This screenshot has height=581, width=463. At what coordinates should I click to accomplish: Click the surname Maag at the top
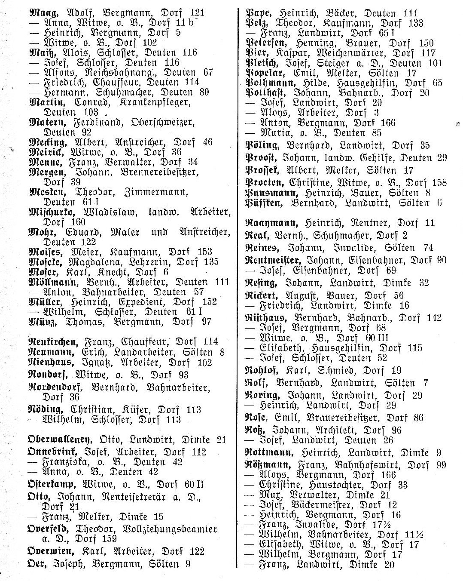[x=41, y=13]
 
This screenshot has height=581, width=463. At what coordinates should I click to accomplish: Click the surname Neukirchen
[x=54, y=342]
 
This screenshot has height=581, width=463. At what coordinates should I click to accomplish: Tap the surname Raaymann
[x=271, y=223]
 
